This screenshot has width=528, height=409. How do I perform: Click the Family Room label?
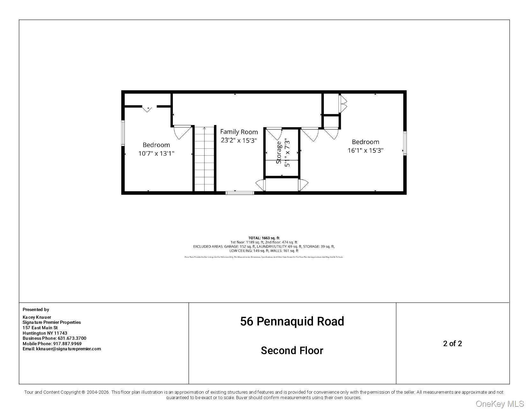[239, 132]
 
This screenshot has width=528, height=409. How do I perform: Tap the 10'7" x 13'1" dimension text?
[156, 153]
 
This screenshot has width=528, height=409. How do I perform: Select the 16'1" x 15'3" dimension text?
[365, 150]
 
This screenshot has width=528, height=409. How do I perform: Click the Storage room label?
[279, 152]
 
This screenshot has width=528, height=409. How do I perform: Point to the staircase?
[205, 159]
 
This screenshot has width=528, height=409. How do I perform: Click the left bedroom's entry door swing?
[182, 132]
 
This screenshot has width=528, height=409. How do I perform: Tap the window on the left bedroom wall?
[123, 133]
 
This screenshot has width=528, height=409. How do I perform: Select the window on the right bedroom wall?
[405, 143]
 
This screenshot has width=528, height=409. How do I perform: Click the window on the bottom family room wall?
[240, 193]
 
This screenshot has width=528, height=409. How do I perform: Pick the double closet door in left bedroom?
[147, 109]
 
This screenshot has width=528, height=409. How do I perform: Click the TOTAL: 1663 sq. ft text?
[264, 238]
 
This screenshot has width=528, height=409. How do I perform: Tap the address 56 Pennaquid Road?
[292, 321]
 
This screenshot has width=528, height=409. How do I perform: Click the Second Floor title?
[292, 351]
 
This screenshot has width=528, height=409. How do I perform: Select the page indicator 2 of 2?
[452, 344]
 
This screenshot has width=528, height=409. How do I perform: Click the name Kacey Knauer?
[37, 317]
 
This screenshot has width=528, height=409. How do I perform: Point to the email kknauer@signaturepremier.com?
[62, 349]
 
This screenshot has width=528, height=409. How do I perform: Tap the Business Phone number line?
[54, 338]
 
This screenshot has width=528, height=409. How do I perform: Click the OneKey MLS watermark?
[500, 404]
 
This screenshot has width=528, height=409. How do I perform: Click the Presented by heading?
[36, 309]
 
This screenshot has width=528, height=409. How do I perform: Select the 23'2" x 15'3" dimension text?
[239, 140]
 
